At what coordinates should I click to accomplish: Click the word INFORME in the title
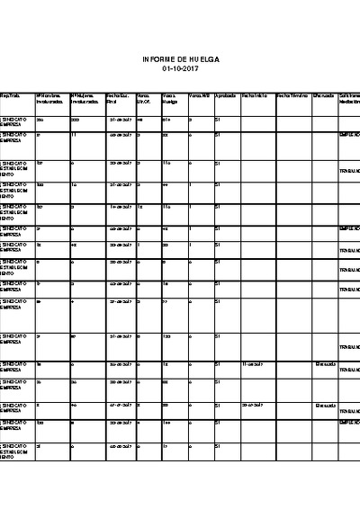coord(157,58)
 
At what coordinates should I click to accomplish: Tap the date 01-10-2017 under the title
coord(180,68)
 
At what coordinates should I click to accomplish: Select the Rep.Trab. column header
coord(10,94)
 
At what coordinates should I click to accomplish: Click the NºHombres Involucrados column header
coord(49,98)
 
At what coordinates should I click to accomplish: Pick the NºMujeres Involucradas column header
coord(84,98)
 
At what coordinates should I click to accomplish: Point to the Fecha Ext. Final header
coord(118,98)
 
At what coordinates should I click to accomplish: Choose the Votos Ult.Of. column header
coord(144,98)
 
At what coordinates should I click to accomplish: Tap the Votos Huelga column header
coord(171,98)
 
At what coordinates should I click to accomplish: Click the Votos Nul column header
coord(200,94)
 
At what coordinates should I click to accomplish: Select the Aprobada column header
coord(226,94)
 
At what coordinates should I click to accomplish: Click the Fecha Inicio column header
coord(256,94)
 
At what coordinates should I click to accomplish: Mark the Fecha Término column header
coord(292,94)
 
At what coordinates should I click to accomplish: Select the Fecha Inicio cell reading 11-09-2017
coord(253,364)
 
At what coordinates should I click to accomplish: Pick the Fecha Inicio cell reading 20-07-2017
coord(253,405)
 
